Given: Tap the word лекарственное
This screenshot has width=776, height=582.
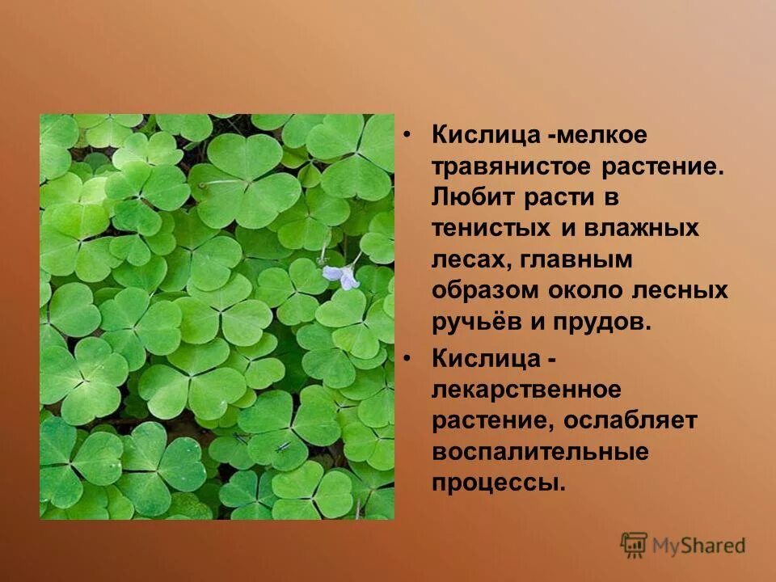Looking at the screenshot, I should tap(526, 390).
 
